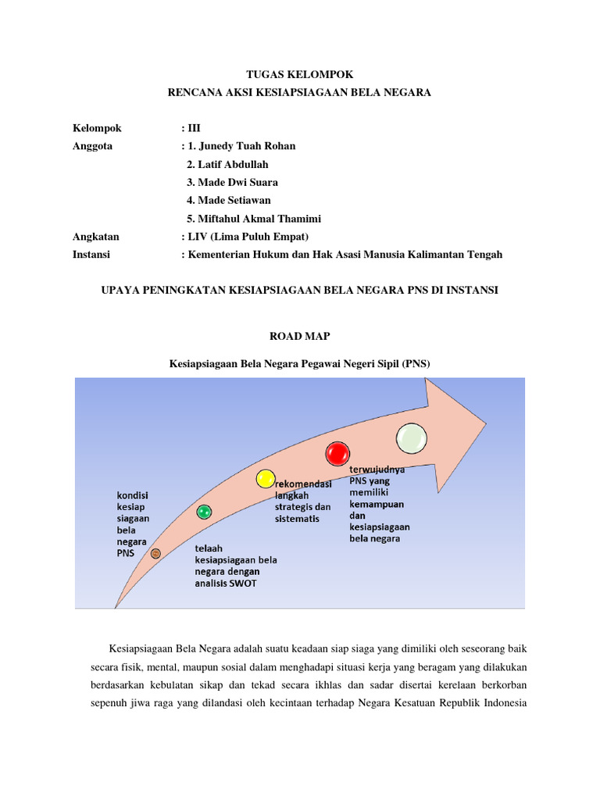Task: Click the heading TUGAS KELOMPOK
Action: [x=300, y=74]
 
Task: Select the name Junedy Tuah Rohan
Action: [x=246, y=146]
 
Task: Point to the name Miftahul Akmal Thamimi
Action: [x=259, y=219]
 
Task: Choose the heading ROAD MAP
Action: [x=300, y=336]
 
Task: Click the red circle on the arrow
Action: [x=337, y=453]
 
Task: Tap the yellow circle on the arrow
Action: [x=266, y=479]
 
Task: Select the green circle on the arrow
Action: [x=204, y=512]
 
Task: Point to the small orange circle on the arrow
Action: [x=155, y=553]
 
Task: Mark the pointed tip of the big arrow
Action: [x=486, y=423]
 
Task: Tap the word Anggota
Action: [x=92, y=146]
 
